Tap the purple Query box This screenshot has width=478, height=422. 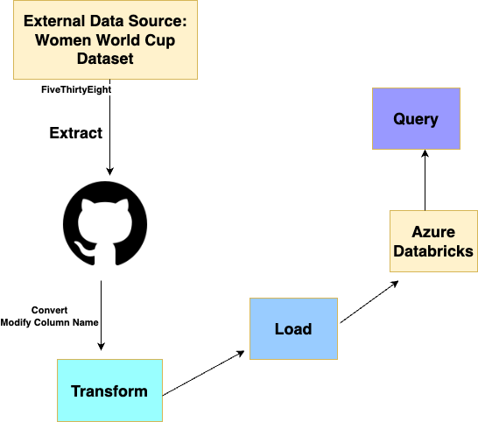pyautogui.click(x=416, y=118)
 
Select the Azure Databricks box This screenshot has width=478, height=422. pyautogui.click(x=433, y=241)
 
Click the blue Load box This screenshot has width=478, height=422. pyautogui.click(x=293, y=328)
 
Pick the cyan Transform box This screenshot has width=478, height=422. pyautogui.click(x=109, y=390)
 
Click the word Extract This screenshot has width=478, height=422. pyautogui.click(x=76, y=133)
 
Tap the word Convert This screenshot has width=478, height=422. pyautogui.click(x=50, y=310)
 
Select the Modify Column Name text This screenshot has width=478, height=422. pyautogui.click(x=50, y=322)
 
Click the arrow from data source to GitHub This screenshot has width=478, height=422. pyautogui.click(x=109, y=131)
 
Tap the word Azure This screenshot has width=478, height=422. pyautogui.click(x=433, y=232)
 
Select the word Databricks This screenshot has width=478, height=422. pyautogui.click(x=433, y=251)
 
